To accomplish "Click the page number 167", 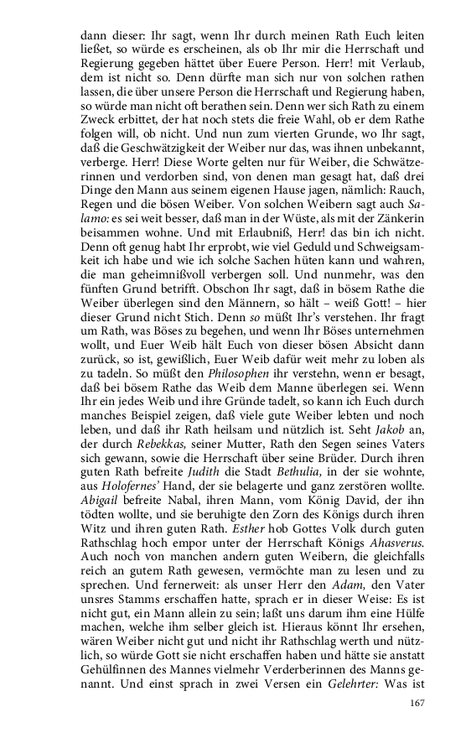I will pyautogui.click(x=417, y=703).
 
